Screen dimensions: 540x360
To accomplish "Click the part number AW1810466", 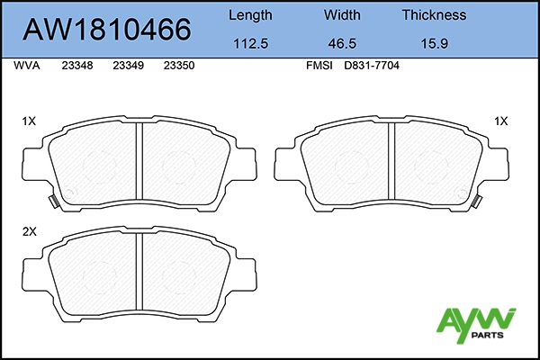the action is point(107,30).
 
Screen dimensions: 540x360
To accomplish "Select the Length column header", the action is point(250,15).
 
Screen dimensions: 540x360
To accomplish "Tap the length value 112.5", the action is point(251,43).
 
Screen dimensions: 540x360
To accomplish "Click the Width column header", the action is point(342,14).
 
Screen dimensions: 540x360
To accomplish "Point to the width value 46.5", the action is point(342,43).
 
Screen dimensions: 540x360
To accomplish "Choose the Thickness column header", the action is point(435,14).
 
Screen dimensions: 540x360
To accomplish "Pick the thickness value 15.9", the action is point(435,43).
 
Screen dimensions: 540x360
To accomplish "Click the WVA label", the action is point(27,66).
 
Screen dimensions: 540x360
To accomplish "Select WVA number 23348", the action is point(77,66).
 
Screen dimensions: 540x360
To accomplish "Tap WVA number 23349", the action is point(128,66).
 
